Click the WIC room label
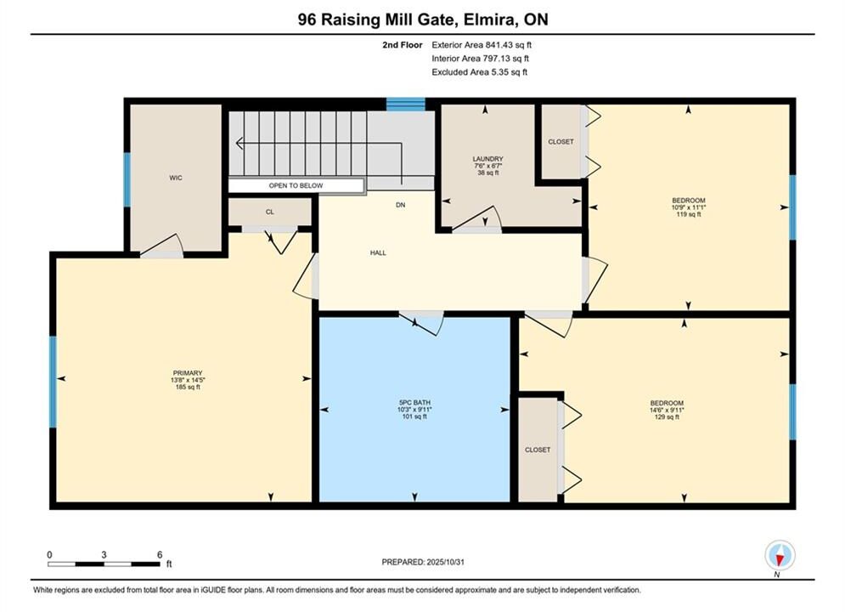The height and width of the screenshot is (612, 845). (176, 178)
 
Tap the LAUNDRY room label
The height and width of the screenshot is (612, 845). (487, 159)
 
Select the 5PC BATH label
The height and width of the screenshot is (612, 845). (414, 403)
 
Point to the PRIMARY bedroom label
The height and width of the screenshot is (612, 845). (188, 373)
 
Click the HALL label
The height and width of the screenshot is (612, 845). (378, 253)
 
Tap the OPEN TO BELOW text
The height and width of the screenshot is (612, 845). (296, 185)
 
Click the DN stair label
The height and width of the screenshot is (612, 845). (400, 205)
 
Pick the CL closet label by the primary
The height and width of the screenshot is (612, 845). (270, 212)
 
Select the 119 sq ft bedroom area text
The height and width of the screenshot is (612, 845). (689, 214)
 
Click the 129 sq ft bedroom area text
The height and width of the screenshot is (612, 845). (667, 416)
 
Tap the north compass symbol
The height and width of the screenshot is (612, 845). (780, 555)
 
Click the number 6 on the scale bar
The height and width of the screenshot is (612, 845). (160, 554)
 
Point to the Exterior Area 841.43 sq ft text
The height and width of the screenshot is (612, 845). (482, 45)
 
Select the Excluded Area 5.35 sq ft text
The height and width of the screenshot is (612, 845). (480, 71)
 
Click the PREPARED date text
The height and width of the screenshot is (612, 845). (423, 562)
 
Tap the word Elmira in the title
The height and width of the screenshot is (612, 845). (486, 20)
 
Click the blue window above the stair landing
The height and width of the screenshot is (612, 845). (405, 104)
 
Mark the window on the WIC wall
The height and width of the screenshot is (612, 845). (127, 180)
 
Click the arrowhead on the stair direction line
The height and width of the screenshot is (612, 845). (239, 144)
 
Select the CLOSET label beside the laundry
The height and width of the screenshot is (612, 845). (561, 142)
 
